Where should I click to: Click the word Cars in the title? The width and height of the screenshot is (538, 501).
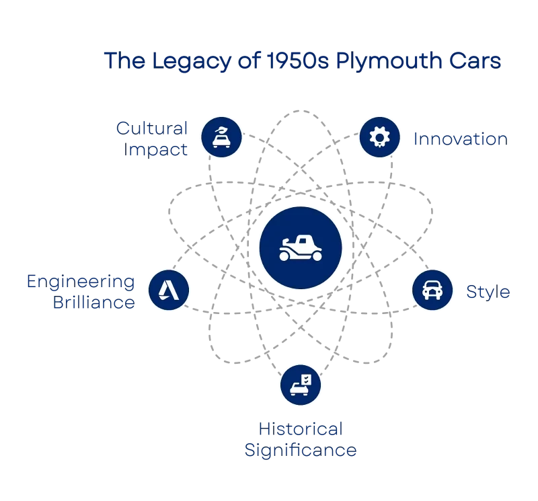tap(475, 63)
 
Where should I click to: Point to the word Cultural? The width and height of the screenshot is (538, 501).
tap(152, 127)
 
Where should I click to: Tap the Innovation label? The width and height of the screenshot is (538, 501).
tap(461, 139)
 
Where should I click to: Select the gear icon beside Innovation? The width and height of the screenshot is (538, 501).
tap(379, 137)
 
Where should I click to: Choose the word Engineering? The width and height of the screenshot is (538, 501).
tap(81, 282)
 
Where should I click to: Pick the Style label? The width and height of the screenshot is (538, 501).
tap(488, 293)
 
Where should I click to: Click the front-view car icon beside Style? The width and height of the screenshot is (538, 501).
tap(431, 290)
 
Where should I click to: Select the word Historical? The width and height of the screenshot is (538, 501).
tap(301, 428)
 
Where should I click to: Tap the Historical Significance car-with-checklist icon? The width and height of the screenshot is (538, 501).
tap(301, 385)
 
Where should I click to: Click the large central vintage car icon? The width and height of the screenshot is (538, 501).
tap(301, 247)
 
